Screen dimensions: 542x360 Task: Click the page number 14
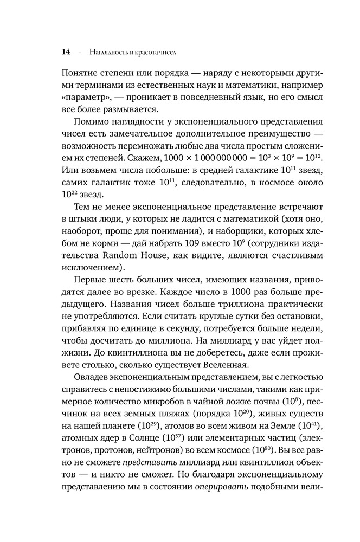pos(66,53)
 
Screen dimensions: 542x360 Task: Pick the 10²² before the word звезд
pos(70,195)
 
